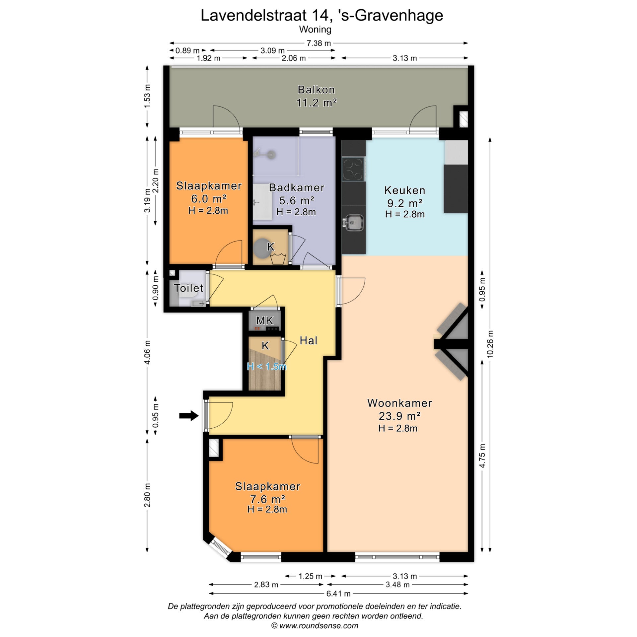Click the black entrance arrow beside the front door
189,415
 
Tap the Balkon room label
316,90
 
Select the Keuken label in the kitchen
404,190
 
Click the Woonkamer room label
399,403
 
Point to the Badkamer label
297,187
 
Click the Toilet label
188,288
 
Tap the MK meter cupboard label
264,320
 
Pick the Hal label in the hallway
309,340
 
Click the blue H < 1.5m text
266,367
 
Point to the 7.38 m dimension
318,43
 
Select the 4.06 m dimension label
147,352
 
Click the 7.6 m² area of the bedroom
267,499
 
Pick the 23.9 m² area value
399,416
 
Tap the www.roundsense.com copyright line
315,625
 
